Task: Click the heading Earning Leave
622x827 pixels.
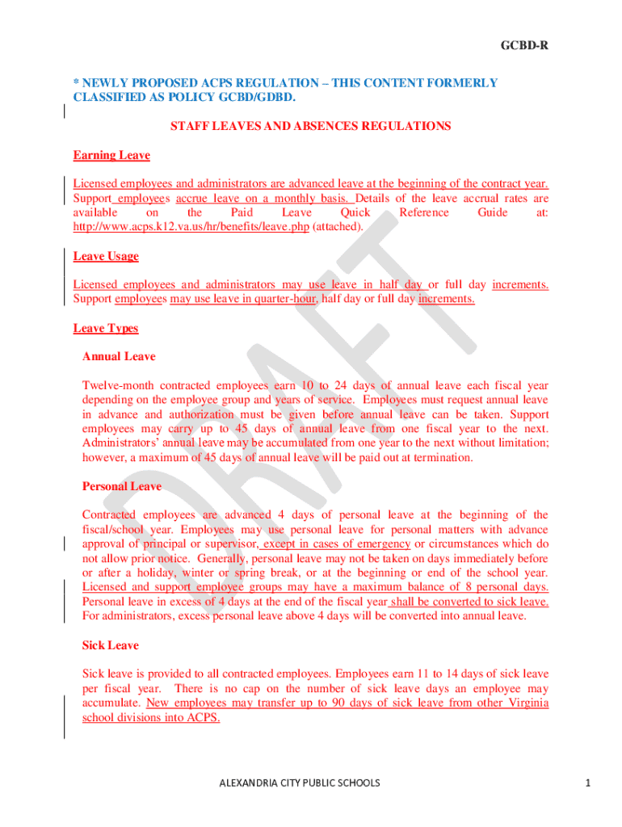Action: tap(111, 155)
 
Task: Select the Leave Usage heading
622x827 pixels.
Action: tap(106, 256)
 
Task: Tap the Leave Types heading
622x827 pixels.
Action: tap(106, 328)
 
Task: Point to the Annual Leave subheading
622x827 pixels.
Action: tap(119, 356)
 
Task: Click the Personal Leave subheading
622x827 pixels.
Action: tap(122, 486)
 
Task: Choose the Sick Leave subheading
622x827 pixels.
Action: tap(111, 645)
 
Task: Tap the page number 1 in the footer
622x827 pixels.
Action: tap(590, 783)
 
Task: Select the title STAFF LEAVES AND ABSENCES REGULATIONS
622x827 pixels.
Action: tap(310, 126)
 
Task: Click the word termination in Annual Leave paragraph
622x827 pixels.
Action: tap(442, 457)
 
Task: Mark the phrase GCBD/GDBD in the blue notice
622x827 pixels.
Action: tap(253, 98)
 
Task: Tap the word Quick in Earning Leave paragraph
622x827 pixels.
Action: tap(355, 212)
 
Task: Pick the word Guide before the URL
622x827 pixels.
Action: tap(493, 212)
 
